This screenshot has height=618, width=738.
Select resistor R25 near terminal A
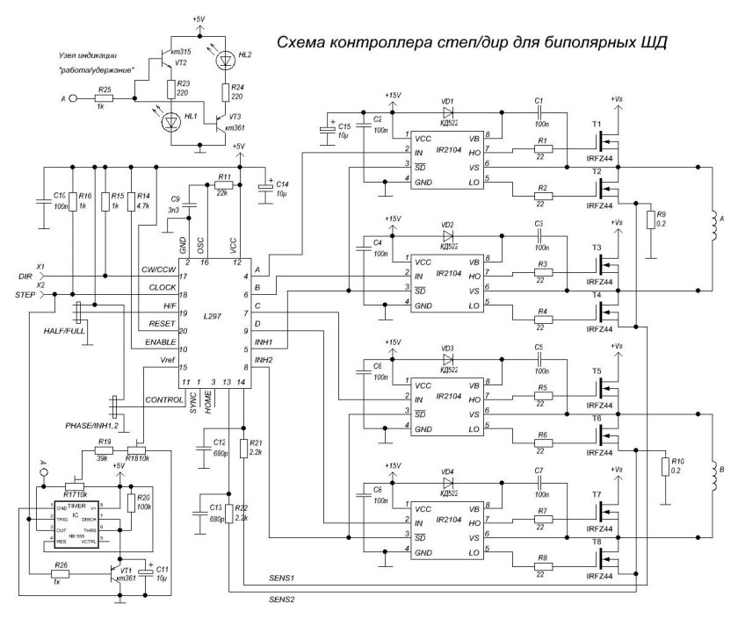[105, 100]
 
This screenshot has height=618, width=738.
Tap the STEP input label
[33, 296]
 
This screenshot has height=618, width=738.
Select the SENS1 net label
[281, 580]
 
